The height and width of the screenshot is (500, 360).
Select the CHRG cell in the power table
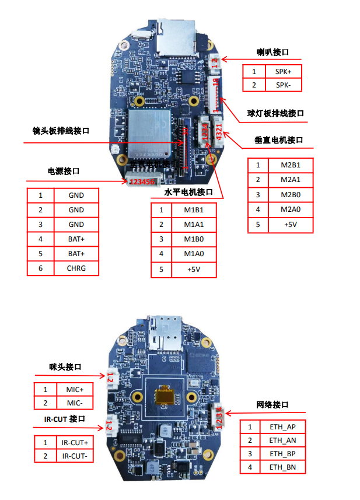(76, 268)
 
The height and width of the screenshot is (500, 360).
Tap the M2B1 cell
(289, 165)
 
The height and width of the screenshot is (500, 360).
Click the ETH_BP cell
(282, 453)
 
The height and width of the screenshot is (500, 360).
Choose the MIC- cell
(74, 403)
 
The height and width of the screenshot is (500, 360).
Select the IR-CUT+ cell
(74, 442)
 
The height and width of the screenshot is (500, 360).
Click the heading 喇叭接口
(273, 53)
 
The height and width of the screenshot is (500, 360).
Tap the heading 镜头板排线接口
(61, 131)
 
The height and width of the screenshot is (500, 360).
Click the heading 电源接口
(63, 172)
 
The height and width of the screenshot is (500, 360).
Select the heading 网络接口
(272, 404)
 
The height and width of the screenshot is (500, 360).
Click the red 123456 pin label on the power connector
(142, 182)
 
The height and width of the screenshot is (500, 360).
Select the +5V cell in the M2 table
(289, 225)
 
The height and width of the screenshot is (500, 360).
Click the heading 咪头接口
(65, 367)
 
